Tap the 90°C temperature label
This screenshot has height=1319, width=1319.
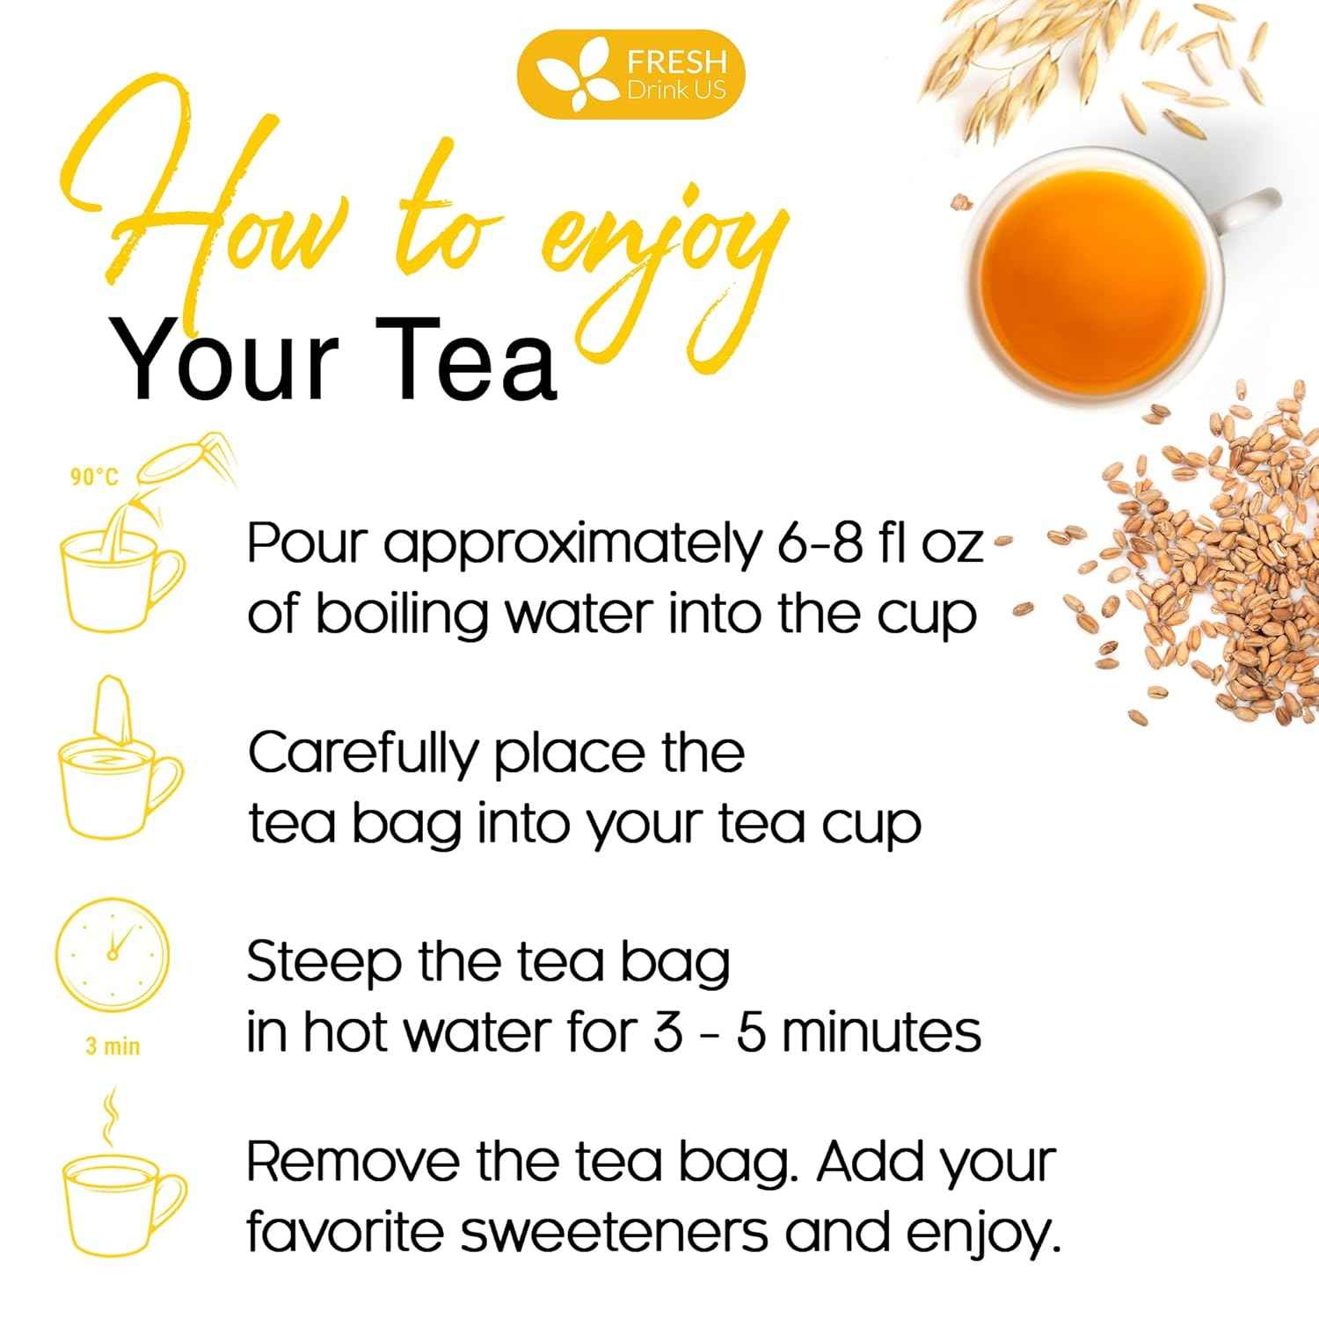[94, 477]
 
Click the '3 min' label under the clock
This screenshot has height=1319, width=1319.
[113, 1046]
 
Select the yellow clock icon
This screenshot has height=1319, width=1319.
[112, 955]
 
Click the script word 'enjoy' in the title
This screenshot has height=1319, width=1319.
[659, 255]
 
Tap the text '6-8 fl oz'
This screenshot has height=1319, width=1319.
[879, 544]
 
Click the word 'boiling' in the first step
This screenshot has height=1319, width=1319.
[401, 615]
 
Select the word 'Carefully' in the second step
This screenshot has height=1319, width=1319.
[361, 754]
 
